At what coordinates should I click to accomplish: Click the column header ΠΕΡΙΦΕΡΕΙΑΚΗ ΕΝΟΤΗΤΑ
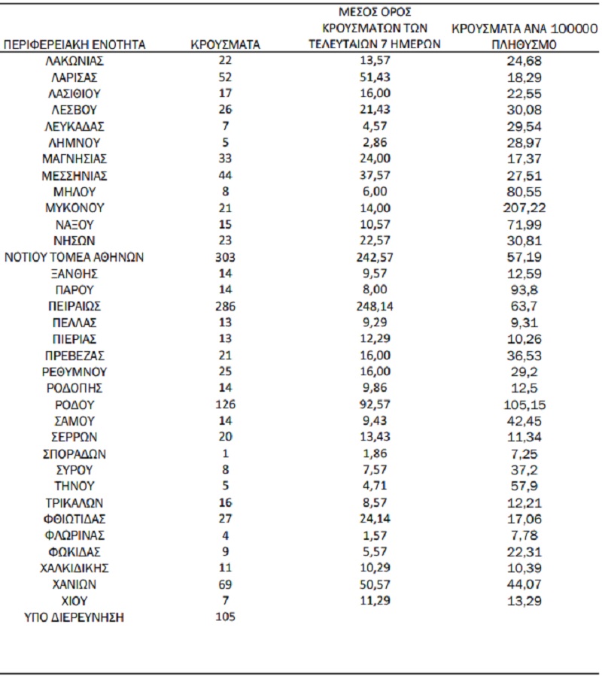75,44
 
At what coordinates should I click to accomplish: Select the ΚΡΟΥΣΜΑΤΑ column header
226,44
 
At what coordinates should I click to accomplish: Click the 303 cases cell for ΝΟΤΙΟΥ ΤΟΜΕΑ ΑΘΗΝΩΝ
226,257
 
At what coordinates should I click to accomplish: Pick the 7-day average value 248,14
375,306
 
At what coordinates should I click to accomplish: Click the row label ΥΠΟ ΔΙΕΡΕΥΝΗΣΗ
74,617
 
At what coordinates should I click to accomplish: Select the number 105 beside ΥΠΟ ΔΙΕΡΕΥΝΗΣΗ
226,617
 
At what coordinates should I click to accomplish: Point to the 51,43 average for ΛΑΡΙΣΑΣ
375,77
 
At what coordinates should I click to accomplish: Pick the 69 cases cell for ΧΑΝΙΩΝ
226,584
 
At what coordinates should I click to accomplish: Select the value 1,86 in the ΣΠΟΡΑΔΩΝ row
375,453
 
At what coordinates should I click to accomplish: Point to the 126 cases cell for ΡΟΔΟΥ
226,405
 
